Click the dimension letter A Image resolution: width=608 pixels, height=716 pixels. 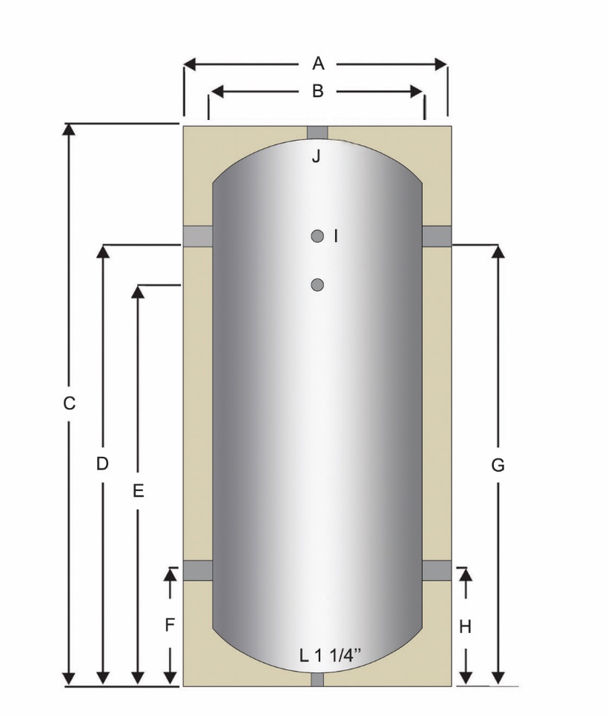(317, 64)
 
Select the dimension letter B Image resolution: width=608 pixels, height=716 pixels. (317, 91)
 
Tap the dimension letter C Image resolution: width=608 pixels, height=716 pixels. (69, 404)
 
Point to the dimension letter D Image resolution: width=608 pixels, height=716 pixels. (102, 464)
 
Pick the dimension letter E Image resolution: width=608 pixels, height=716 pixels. (137, 490)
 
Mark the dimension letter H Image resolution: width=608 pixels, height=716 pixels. (465, 627)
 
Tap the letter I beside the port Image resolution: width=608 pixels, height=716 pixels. (335, 235)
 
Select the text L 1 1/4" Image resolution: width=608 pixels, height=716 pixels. (330, 655)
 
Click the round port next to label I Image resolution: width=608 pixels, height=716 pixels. (317, 236)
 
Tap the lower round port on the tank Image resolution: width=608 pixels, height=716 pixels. (317, 284)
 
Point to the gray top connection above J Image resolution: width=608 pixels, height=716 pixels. (317, 132)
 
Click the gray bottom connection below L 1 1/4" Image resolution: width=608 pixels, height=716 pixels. (317, 680)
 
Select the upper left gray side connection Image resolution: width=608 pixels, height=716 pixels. (198, 235)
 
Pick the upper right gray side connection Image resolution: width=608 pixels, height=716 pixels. (437, 235)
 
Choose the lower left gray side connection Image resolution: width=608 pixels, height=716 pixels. (198, 570)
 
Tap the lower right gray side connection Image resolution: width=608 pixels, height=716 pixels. (437, 570)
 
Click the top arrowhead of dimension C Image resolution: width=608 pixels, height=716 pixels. (69, 130)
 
